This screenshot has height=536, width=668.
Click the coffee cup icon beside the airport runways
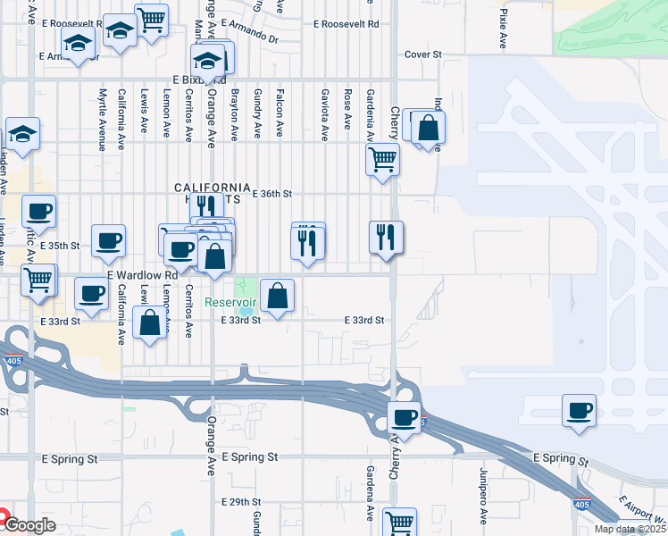click(x=579, y=411)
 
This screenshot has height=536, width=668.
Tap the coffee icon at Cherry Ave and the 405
click(x=405, y=417)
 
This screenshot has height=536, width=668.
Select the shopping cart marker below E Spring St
click(x=398, y=522)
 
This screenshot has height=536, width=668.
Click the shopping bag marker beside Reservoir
click(x=277, y=295)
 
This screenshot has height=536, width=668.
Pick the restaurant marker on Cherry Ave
click(x=386, y=238)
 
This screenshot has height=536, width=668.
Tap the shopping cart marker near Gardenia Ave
click(x=382, y=160)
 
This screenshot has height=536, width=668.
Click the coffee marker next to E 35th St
click(x=108, y=240)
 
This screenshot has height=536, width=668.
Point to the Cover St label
click(x=423, y=54)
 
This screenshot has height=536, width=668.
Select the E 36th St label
click(x=272, y=194)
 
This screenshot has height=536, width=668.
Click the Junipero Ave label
click(x=483, y=505)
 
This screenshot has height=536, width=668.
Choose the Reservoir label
click(x=230, y=302)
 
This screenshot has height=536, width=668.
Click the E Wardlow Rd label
click(x=138, y=276)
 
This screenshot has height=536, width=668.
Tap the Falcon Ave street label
click(x=280, y=114)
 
